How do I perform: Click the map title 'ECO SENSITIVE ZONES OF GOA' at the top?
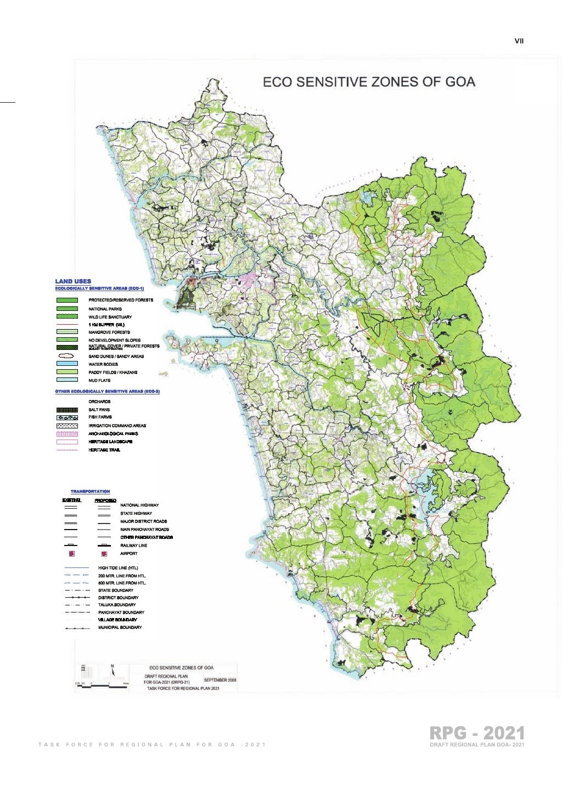coord(369,82)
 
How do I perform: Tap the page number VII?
coord(519,41)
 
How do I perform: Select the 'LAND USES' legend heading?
coord(73,281)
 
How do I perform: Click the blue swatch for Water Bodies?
coord(67,364)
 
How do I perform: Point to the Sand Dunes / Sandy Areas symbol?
coord(67,356)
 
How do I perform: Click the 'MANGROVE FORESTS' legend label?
coord(109,332)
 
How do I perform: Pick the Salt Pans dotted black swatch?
coord(67,410)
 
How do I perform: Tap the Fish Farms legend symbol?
coord(67,417)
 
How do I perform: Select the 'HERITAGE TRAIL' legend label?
coord(104,450)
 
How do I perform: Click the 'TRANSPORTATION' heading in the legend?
coord(90,492)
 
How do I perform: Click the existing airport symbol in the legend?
coord(71,554)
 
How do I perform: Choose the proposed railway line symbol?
coord(104,545)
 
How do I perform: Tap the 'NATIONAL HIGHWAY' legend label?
coord(139,505)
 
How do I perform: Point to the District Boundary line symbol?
coord(77,598)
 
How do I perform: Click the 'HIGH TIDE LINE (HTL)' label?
coord(118,568)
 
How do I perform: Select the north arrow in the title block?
coord(113,670)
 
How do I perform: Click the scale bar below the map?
coord(102,684)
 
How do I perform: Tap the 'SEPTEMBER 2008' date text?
coord(220,680)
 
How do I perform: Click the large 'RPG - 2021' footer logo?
coord(477,733)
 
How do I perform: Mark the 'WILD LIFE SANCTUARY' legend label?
coord(110,317)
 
